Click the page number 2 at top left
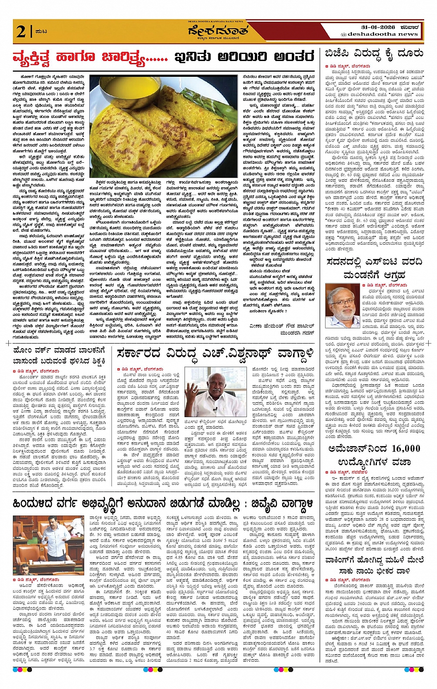(20, 31)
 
